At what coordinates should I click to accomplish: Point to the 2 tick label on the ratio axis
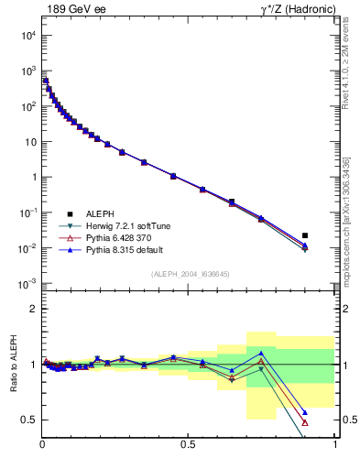[x=33, y=309]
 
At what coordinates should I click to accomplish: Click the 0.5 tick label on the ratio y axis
[x=29, y=420]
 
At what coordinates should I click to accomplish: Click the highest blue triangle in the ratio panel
[x=261, y=353]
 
